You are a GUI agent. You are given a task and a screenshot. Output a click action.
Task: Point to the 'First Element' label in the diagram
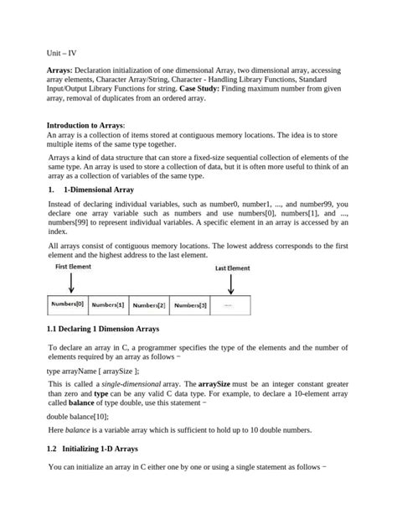coord(75,267)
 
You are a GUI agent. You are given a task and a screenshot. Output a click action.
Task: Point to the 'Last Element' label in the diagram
coord(232,268)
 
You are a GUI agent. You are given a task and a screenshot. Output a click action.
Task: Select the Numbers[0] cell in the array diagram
coord(67,304)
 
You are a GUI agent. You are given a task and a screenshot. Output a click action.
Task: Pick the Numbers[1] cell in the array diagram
coord(108,305)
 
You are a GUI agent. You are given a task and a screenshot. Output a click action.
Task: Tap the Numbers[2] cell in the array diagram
coord(149,305)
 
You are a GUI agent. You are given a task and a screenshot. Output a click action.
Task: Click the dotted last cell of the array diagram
coord(229,305)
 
